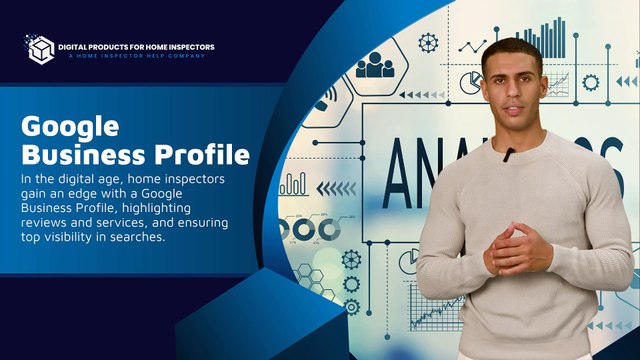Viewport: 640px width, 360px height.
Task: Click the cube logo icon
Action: coord(39,48)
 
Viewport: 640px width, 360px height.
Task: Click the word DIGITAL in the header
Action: coord(77,46)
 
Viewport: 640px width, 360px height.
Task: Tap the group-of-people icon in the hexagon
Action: coord(376,66)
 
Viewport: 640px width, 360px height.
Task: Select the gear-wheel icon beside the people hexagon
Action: coord(428,42)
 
